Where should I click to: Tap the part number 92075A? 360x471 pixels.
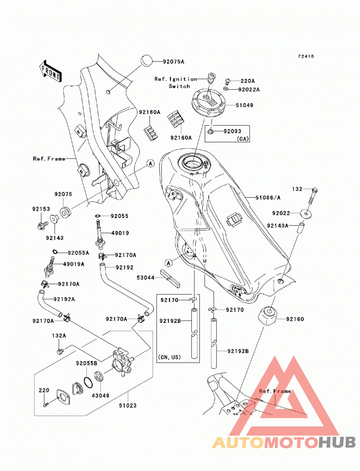tap(174, 62)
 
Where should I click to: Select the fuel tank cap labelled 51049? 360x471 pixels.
tap(208, 104)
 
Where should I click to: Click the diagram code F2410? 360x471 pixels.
tap(306, 56)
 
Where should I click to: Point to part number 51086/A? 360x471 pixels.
tap(268, 198)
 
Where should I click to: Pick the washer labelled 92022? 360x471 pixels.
tap(306, 214)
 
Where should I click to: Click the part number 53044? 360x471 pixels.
tap(145, 278)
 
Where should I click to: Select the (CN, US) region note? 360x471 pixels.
tap(169, 358)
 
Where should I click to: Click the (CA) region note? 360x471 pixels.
tap(243, 139)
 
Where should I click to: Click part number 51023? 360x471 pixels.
tap(128, 406)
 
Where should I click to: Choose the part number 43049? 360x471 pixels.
tap(101, 396)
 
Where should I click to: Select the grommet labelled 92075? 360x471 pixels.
tap(65, 211)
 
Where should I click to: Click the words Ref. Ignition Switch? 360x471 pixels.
tap(175, 82)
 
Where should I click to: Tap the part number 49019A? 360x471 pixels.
tap(73, 264)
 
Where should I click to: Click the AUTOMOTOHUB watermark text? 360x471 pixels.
tap(284, 443)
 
